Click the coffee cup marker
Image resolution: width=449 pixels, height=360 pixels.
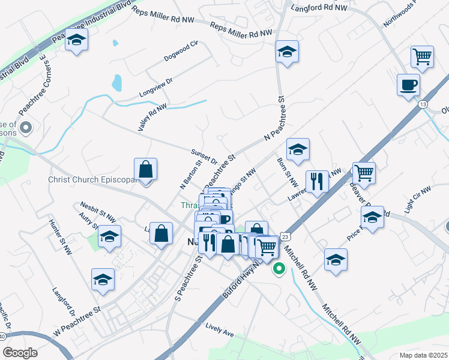tap(408, 85)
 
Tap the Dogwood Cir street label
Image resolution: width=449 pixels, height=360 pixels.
tap(181, 52)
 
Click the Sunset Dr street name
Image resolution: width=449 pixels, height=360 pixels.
tap(204, 157)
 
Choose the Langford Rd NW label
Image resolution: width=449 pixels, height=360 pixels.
tap(319, 8)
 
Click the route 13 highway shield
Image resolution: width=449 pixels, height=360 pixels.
tap(423, 104)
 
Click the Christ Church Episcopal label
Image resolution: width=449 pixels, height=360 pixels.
tap(90, 179)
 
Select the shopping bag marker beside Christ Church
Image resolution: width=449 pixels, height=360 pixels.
tap(146, 169)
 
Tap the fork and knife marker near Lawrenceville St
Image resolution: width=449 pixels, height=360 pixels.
tap(317, 181)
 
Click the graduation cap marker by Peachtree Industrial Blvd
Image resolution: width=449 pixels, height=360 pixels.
tap(76, 40)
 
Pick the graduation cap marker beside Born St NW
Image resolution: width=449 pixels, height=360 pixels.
tap(298, 150)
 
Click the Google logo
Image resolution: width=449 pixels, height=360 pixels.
tap(20, 352)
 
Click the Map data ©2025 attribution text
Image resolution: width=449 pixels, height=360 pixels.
tap(424, 355)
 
